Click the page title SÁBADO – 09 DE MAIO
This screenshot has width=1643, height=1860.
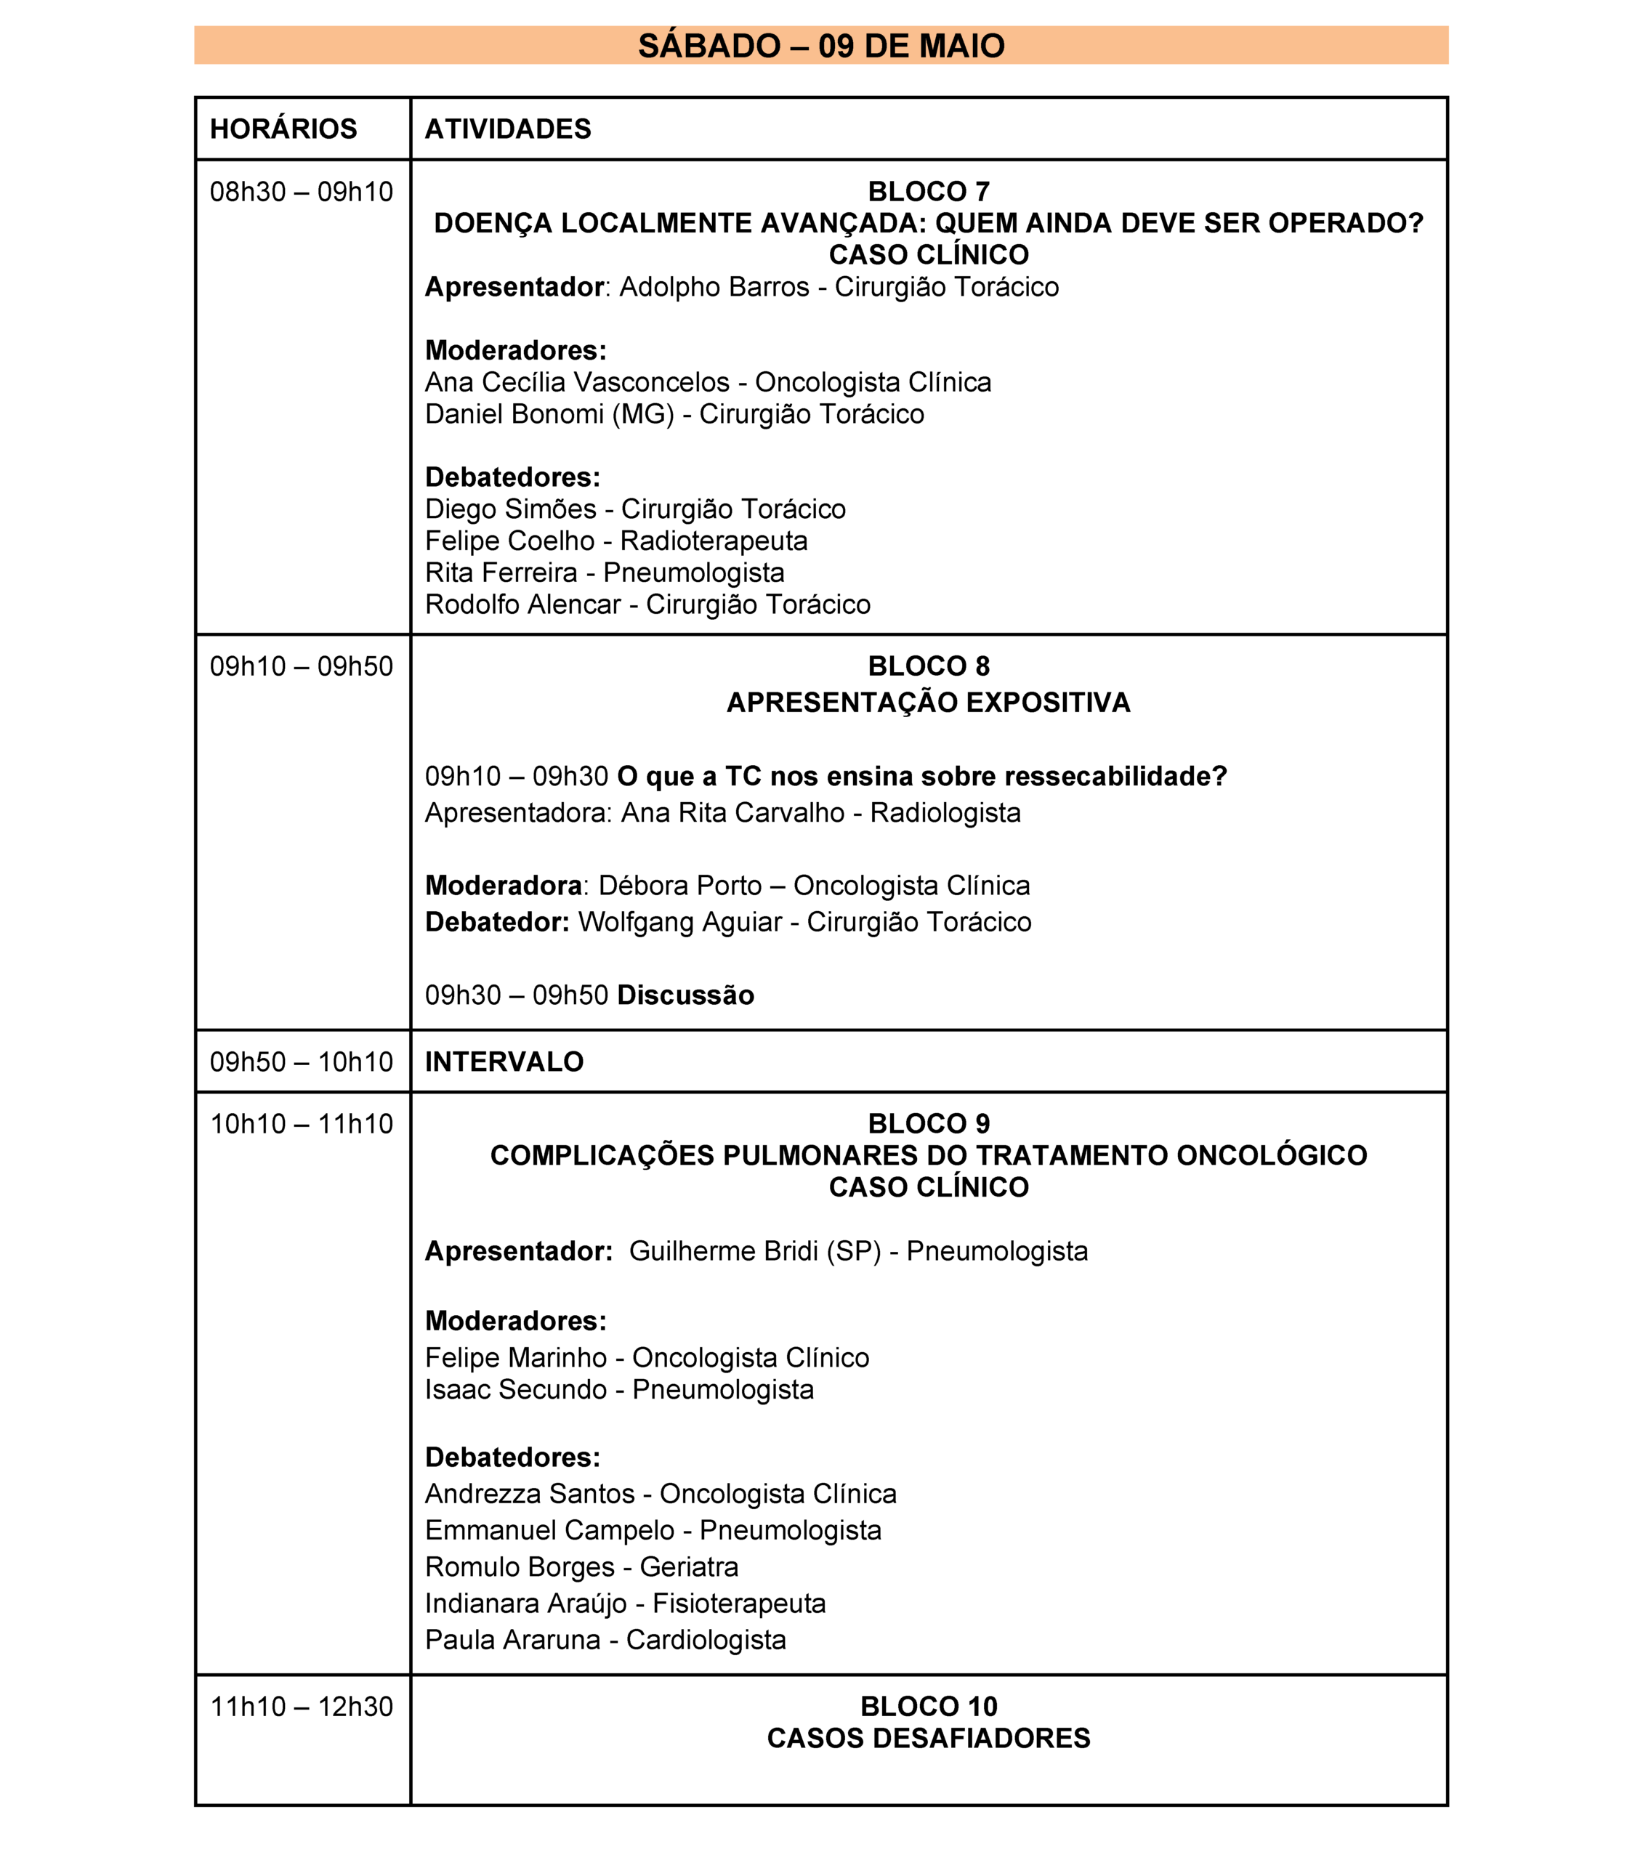(x=820, y=46)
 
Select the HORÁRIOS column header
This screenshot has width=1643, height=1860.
(x=283, y=129)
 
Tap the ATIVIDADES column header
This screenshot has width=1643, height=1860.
(x=508, y=129)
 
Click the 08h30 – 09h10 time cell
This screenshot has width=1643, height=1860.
(x=302, y=192)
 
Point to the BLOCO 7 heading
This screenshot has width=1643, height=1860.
(x=929, y=192)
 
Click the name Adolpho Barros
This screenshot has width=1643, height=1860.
(x=714, y=288)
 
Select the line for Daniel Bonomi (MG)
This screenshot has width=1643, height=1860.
(x=674, y=415)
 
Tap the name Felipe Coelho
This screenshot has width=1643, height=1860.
(x=509, y=541)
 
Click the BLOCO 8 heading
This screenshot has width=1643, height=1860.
(x=929, y=666)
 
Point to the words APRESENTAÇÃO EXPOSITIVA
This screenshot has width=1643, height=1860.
(x=929, y=703)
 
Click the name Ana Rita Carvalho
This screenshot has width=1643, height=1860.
(x=732, y=812)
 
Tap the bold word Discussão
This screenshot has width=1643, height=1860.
(x=685, y=995)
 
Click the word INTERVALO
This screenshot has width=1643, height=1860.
(x=504, y=1062)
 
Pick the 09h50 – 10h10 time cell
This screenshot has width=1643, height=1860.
(x=302, y=1062)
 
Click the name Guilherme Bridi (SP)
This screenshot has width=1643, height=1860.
(x=754, y=1251)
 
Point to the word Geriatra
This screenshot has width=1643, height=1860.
(x=688, y=1567)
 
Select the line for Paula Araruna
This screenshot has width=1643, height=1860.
(x=605, y=1640)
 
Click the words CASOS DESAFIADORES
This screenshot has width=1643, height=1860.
(x=929, y=1738)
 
